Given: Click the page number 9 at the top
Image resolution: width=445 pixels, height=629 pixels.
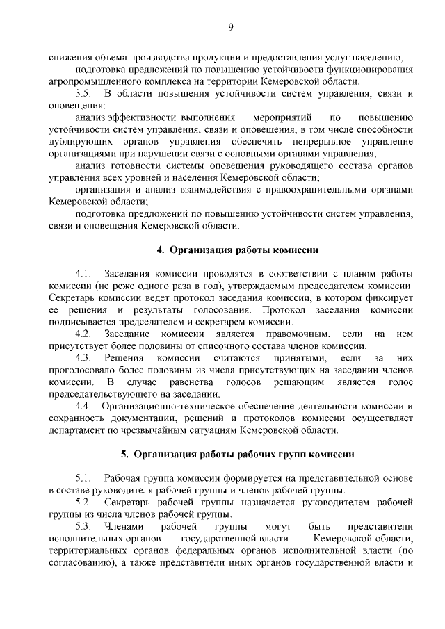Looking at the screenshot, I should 230,27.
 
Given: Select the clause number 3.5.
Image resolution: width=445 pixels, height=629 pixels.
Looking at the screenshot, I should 83,93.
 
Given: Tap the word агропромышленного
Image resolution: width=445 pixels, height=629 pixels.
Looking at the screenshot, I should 93,82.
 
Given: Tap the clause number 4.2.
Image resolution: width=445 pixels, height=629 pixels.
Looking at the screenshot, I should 83,334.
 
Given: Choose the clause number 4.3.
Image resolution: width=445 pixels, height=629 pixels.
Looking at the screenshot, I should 83,358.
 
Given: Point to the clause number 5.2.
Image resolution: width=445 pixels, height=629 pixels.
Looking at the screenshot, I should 83,503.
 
